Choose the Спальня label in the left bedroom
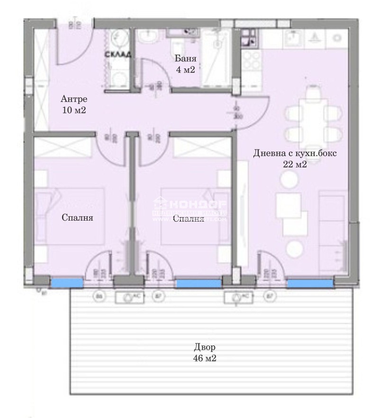(x=77, y=218)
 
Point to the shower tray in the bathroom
(x=217, y=57)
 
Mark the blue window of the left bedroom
(x=67, y=283)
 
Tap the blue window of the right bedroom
(x=198, y=283)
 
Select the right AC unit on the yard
(x=237, y=297)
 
